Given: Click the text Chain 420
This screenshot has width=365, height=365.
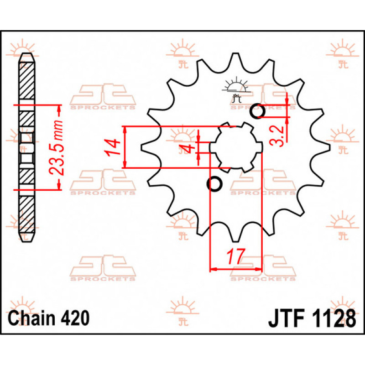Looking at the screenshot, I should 48,318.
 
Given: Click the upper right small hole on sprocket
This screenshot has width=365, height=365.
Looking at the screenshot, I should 258,111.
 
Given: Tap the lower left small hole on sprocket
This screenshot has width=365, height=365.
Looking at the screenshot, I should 214,183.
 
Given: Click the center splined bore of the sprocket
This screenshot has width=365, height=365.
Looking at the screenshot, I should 235,147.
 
